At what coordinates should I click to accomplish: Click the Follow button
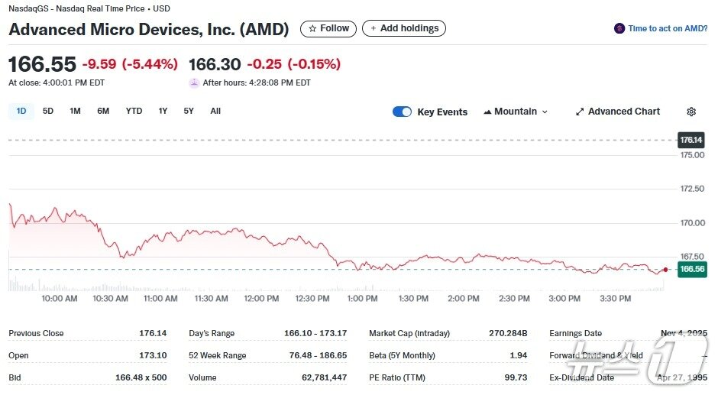pyautogui.click(x=328, y=28)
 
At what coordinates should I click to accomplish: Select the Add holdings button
pyautogui.click(x=403, y=28)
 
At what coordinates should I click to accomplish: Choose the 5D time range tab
pyautogui.click(x=48, y=111)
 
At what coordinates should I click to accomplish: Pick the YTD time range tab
pyautogui.click(x=134, y=111)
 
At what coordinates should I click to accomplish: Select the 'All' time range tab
pyautogui.click(x=215, y=111)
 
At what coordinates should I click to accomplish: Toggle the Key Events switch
pyautogui.click(x=402, y=112)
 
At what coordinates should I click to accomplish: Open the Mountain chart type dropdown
pyautogui.click(x=516, y=112)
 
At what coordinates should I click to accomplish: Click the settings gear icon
pyautogui.click(x=691, y=112)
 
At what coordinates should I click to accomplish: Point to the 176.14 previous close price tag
pyautogui.click(x=691, y=140)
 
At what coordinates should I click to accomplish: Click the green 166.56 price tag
pyautogui.click(x=691, y=269)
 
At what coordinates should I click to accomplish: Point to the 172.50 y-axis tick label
pyautogui.click(x=692, y=189)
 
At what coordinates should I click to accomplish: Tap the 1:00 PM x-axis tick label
pyautogui.click(x=362, y=299)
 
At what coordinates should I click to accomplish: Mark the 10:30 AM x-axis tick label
pyautogui.click(x=110, y=299)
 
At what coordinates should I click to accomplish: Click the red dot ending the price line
pyautogui.click(x=666, y=270)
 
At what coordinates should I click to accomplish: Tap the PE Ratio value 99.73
pyautogui.click(x=516, y=377)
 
